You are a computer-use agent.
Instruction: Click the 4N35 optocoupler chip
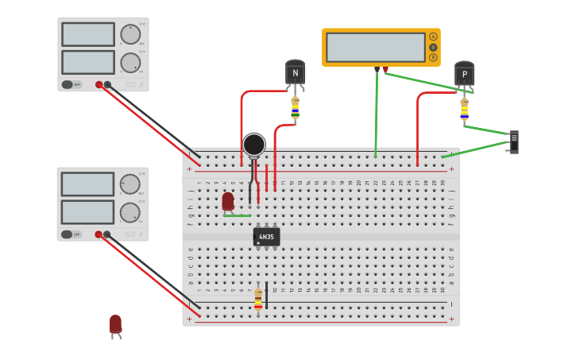coord(266,237)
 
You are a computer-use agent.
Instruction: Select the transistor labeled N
coord(295,74)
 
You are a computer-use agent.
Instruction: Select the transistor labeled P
coord(464,75)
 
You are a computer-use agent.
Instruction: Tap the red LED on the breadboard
coord(228,201)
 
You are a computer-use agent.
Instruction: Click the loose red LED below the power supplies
coord(115,323)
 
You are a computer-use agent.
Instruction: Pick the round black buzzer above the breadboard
coord(253,145)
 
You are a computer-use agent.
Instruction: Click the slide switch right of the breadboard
coord(514,141)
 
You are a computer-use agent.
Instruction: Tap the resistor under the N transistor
coord(295,108)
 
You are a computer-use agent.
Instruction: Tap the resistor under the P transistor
coord(464,109)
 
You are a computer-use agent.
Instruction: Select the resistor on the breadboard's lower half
coord(258,298)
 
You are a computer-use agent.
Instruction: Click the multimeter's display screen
coord(375,47)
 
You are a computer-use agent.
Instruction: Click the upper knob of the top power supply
coord(130,34)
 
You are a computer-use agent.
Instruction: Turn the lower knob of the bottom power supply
coord(130,212)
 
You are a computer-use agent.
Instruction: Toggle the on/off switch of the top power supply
coord(72,84)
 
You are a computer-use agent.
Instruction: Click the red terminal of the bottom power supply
coord(99,234)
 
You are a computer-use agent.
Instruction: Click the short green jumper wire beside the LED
coord(238,215)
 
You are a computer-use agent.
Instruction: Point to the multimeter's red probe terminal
coord(386,69)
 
